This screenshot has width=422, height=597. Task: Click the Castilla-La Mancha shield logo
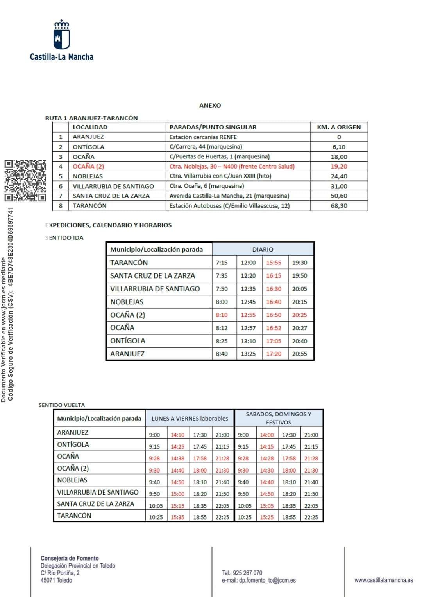pyautogui.click(x=61, y=36)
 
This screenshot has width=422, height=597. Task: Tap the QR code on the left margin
pyautogui.click(x=25, y=180)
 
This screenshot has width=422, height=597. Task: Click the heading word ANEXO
pyautogui.click(x=210, y=106)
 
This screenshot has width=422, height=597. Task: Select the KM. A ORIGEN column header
pyautogui.click(x=339, y=127)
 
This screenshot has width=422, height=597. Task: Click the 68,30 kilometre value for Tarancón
pyautogui.click(x=339, y=206)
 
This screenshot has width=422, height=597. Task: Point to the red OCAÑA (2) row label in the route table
pyautogui.click(x=88, y=166)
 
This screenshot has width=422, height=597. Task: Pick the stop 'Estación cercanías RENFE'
pyautogui.click(x=203, y=137)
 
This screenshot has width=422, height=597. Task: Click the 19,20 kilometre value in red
pyautogui.click(x=339, y=166)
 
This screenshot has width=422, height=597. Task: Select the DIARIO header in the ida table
pyautogui.click(x=263, y=250)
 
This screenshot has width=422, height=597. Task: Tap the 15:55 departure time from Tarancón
pyautogui.click(x=274, y=263)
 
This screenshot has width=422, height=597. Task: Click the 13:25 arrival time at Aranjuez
pyautogui.click(x=248, y=354)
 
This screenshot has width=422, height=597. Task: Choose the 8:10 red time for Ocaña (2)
pyautogui.click(x=222, y=315)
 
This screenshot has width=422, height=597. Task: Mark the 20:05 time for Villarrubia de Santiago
pyautogui.click(x=299, y=289)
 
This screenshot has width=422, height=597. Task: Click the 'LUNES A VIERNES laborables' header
pyautogui.click(x=190, y=419)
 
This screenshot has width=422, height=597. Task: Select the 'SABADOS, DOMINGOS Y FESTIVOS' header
pyautogui.click(x=279, y=418)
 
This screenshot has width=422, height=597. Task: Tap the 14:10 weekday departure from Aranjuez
pyautogui.click(x=177, y=435)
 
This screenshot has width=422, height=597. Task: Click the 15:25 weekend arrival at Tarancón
pyautogui.click(x=267, y=517)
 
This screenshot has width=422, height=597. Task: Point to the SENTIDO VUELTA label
pyautogui.click(x=62, y=405)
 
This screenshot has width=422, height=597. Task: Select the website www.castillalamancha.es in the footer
pyautogui.click(x=384, y=580)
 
